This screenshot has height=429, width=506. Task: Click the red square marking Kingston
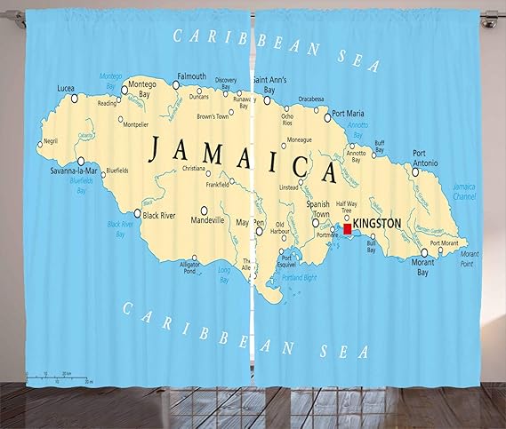click(347, 228)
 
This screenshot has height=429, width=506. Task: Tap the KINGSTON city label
click(377, 223)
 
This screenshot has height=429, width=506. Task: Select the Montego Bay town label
click(142, 89)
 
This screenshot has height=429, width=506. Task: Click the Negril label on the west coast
click(50, 140)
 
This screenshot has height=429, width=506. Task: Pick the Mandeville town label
click(208, 219)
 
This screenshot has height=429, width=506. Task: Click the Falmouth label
click(190, 75)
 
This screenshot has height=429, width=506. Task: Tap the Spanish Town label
click(317, 209)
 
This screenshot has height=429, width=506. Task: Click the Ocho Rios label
click(286, 121)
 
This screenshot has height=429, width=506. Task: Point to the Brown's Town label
click(213, 116)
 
